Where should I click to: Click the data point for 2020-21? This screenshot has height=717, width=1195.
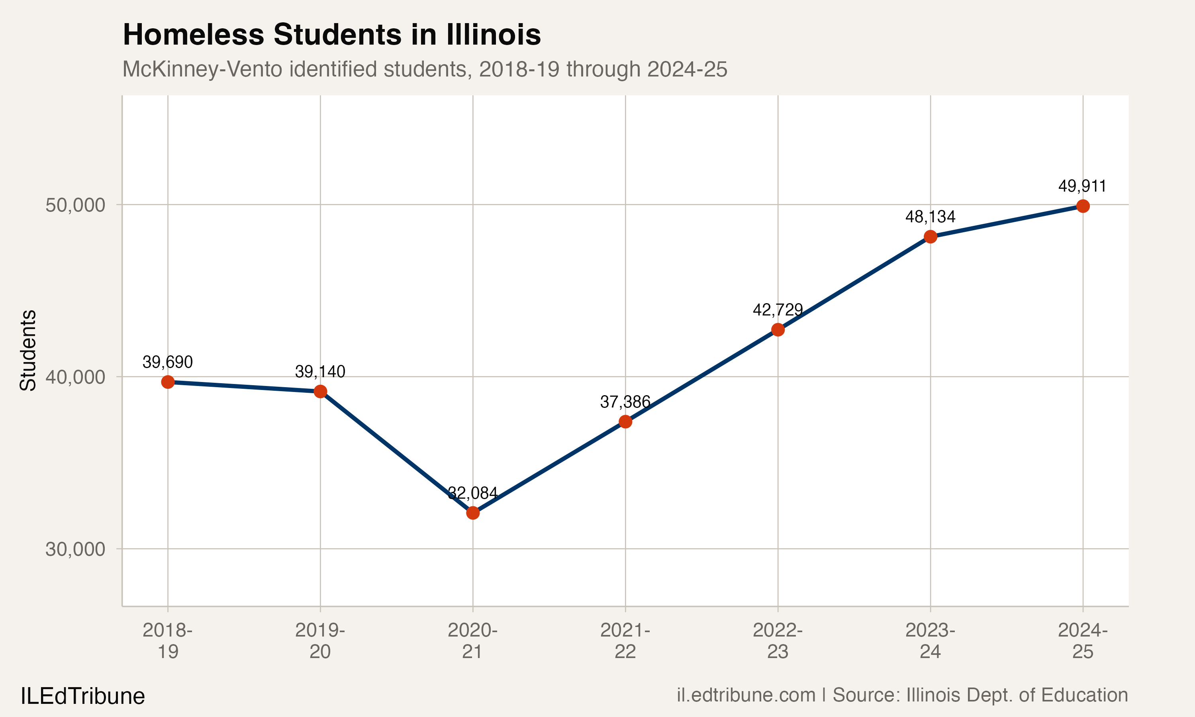pyautogui.click(x=473, y=513)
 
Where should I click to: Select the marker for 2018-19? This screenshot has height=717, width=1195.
pyautogui.click(x=168, y=382)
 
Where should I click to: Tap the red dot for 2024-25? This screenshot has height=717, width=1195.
pyautogui.click(x=1083, y=206)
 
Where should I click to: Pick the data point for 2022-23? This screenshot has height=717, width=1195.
pyautogui.click(x=778, y=330)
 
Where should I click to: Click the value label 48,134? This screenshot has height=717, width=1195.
pyautogui.click(x=930, y=217)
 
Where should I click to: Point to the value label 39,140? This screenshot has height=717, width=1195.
pyautogui.click(x=320, y=372)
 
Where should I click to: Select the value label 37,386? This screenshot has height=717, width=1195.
pyautogui.click(x=625, y=402)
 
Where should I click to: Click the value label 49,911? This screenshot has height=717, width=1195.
pyautogui.click(x=1082, y=186)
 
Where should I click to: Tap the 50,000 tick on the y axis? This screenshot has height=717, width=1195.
pyautogui.click(x=75, y=205)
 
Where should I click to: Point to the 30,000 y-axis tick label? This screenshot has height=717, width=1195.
pyautogui.click(x=75, y=549)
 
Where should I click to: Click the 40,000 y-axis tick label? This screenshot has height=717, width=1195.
pyautogui.click(x=75, y=377)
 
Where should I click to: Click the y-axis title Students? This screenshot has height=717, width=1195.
pyautogui.click(x=28, y=350)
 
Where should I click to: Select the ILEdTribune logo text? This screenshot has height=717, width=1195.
pyautogui.click(x=82, y=696)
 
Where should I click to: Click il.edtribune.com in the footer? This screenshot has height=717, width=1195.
pyautogui.click(x=746, y=695)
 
